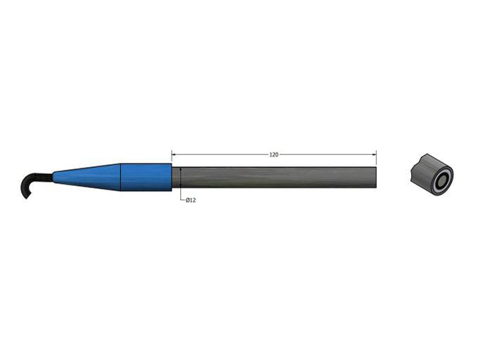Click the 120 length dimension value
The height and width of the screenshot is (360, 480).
274,154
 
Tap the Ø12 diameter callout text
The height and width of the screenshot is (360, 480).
190,201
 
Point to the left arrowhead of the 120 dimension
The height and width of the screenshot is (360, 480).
174,154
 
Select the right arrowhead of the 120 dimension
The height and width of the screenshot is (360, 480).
374,154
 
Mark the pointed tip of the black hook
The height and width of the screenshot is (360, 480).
23,196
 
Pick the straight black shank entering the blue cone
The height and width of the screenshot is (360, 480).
45,177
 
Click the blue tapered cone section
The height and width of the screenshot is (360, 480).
88,177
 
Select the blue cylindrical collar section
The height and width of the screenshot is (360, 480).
146,177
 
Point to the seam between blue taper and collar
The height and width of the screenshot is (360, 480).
120,177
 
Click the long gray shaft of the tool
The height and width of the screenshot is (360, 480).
274,178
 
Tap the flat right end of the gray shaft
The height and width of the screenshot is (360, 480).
375,178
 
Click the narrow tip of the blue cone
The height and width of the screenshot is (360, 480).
55,177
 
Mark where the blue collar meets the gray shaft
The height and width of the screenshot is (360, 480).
172,178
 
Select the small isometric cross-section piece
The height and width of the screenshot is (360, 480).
430,174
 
